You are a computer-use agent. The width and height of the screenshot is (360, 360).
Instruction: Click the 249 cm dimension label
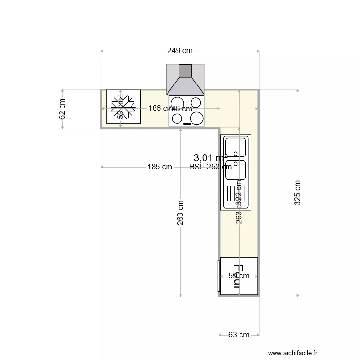point(180,50)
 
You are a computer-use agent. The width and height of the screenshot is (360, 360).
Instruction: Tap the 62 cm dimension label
point(62,109)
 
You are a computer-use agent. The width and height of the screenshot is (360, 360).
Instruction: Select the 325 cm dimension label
point(298,193)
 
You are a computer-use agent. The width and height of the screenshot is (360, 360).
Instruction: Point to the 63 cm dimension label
point(239,335)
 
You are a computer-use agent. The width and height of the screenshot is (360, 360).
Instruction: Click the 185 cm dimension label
point(160,167)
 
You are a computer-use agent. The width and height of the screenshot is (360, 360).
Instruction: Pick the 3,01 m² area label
point(210,157)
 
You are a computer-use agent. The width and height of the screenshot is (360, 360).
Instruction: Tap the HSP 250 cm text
point(210,167)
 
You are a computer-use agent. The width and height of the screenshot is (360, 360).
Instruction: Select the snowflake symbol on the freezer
point(123,107)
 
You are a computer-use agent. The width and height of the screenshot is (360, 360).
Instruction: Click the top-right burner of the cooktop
point(196,102)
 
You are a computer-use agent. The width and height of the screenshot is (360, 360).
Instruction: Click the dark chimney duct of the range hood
point(185,71)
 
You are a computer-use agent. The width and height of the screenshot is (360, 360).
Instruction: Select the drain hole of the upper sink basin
point(236,154)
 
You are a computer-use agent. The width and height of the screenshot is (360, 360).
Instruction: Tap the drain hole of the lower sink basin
point(236,176)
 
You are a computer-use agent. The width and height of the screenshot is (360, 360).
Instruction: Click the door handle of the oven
point(219,276)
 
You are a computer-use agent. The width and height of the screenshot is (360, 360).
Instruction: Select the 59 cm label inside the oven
point(239,276)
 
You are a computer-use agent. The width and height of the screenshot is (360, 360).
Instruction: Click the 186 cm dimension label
point(158,108)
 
